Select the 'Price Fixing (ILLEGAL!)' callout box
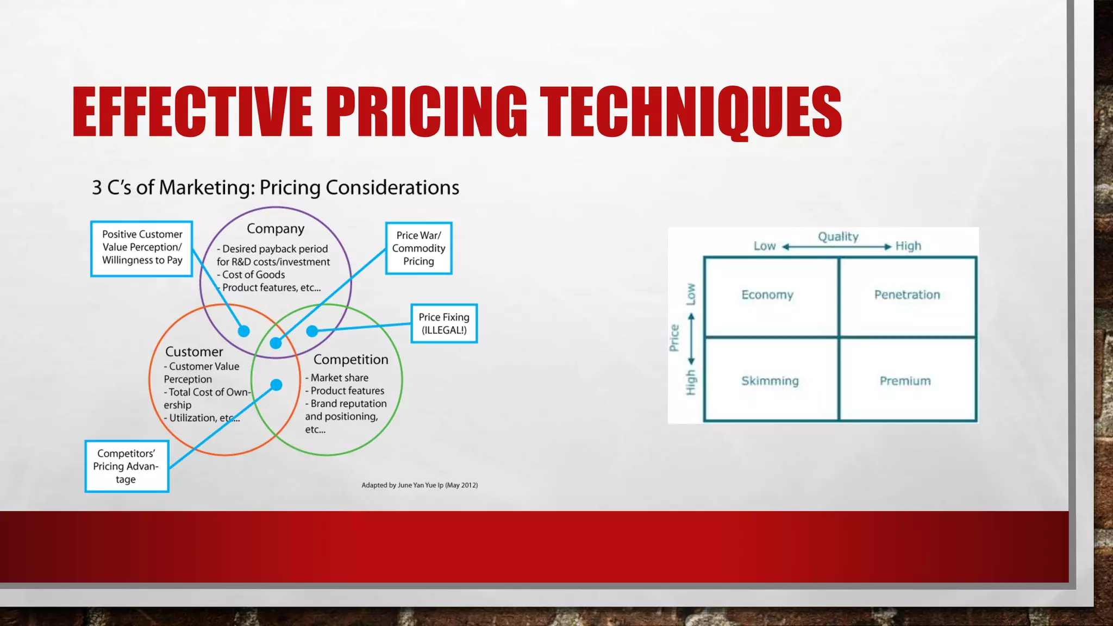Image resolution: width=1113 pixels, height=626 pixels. tap(444, 323)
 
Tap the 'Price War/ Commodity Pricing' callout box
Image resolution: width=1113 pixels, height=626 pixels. tap(418, 248)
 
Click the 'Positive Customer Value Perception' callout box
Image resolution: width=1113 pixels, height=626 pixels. tap(142, 248)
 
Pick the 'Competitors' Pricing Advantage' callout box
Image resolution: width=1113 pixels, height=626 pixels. tap(127, 466)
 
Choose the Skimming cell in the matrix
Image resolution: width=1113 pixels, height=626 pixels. tap(770, 380)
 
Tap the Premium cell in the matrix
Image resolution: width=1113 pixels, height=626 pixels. tap(905, 380)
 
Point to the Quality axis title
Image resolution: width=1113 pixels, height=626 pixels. tap(838, 236)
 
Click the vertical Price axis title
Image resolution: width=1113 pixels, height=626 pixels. tap(674, 338)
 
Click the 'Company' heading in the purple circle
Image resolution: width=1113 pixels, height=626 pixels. tap(276, 229)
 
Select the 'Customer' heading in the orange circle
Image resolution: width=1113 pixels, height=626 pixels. tap(194, 352)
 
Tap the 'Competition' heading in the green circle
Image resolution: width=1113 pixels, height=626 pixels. tap(351, 359)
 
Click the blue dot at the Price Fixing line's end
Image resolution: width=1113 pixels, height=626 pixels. tap(312, 331)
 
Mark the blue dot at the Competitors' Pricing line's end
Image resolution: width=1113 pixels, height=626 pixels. tap(276, 385)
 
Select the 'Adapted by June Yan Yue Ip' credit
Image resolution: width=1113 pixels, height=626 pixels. tap(420, 485)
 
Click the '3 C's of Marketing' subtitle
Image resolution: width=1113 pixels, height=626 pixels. tap(276, 187)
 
